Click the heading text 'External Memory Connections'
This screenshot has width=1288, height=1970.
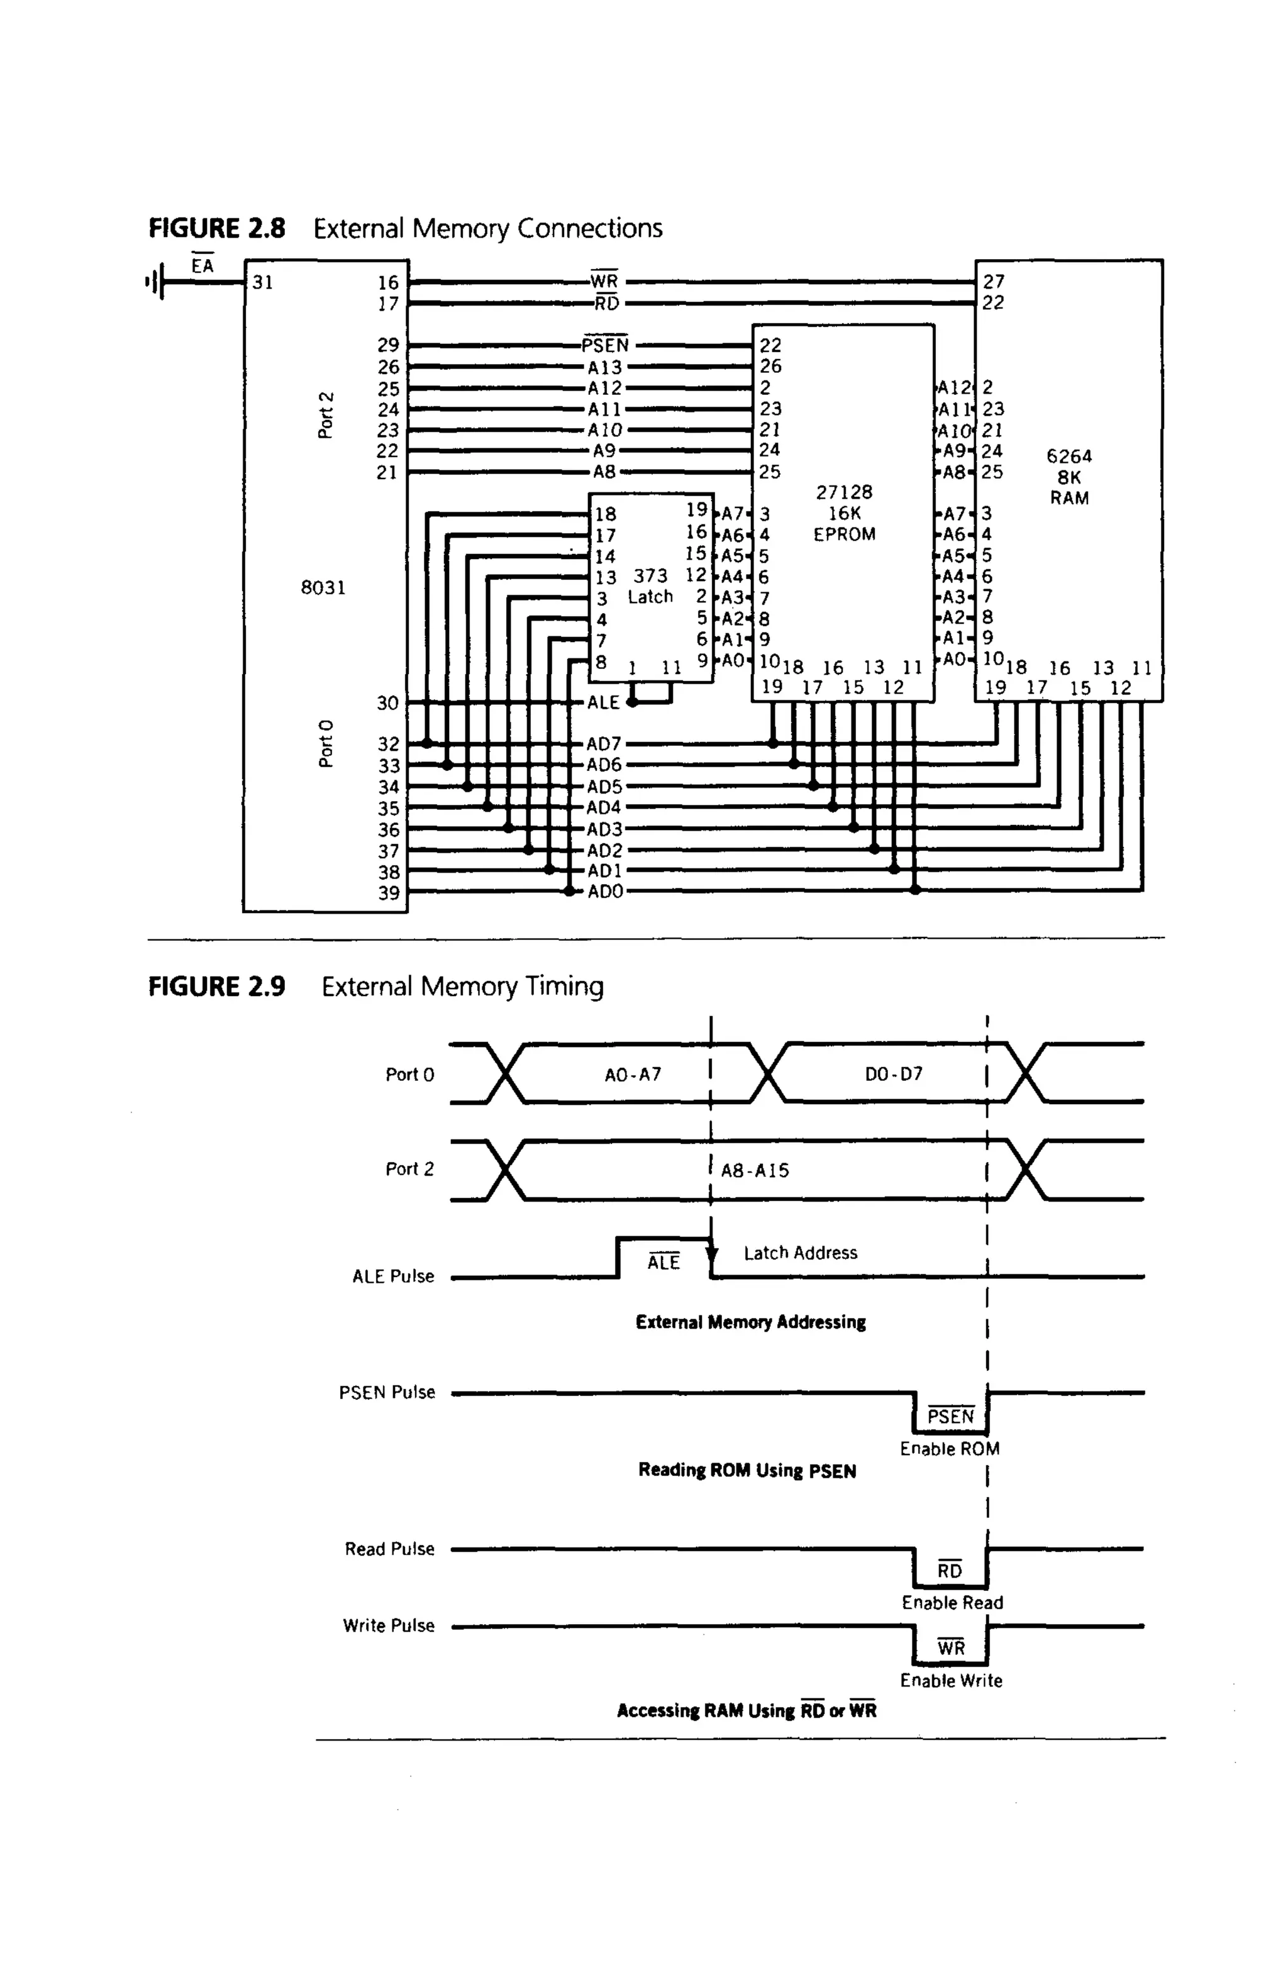pos(487,228)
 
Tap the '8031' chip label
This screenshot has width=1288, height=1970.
pos(323,588)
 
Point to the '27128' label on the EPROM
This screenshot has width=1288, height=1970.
pos(843,492)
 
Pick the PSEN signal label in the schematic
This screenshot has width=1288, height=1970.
pos(605,345)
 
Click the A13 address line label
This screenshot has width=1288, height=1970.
pos(604,367)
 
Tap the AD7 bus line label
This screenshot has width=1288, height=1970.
pos(604,744)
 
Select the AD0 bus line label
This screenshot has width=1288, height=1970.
pos(604,892)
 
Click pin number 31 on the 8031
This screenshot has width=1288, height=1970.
pos(262,282)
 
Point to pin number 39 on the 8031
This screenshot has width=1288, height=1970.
pos(388,893)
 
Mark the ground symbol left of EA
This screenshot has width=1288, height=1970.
pos(155,282)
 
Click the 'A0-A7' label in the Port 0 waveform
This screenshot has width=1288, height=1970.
pos(633,1075)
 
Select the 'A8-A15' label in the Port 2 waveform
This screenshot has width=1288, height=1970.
pos(755,1170)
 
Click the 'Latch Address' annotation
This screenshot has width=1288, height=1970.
pos(799,1253)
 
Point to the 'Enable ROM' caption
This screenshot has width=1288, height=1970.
pos(950,1449)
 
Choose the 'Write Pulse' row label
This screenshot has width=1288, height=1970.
pos(388,1625)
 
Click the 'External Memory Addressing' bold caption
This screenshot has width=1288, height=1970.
pos(750,1322)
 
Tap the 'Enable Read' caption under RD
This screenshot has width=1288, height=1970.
pos(952,1603)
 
